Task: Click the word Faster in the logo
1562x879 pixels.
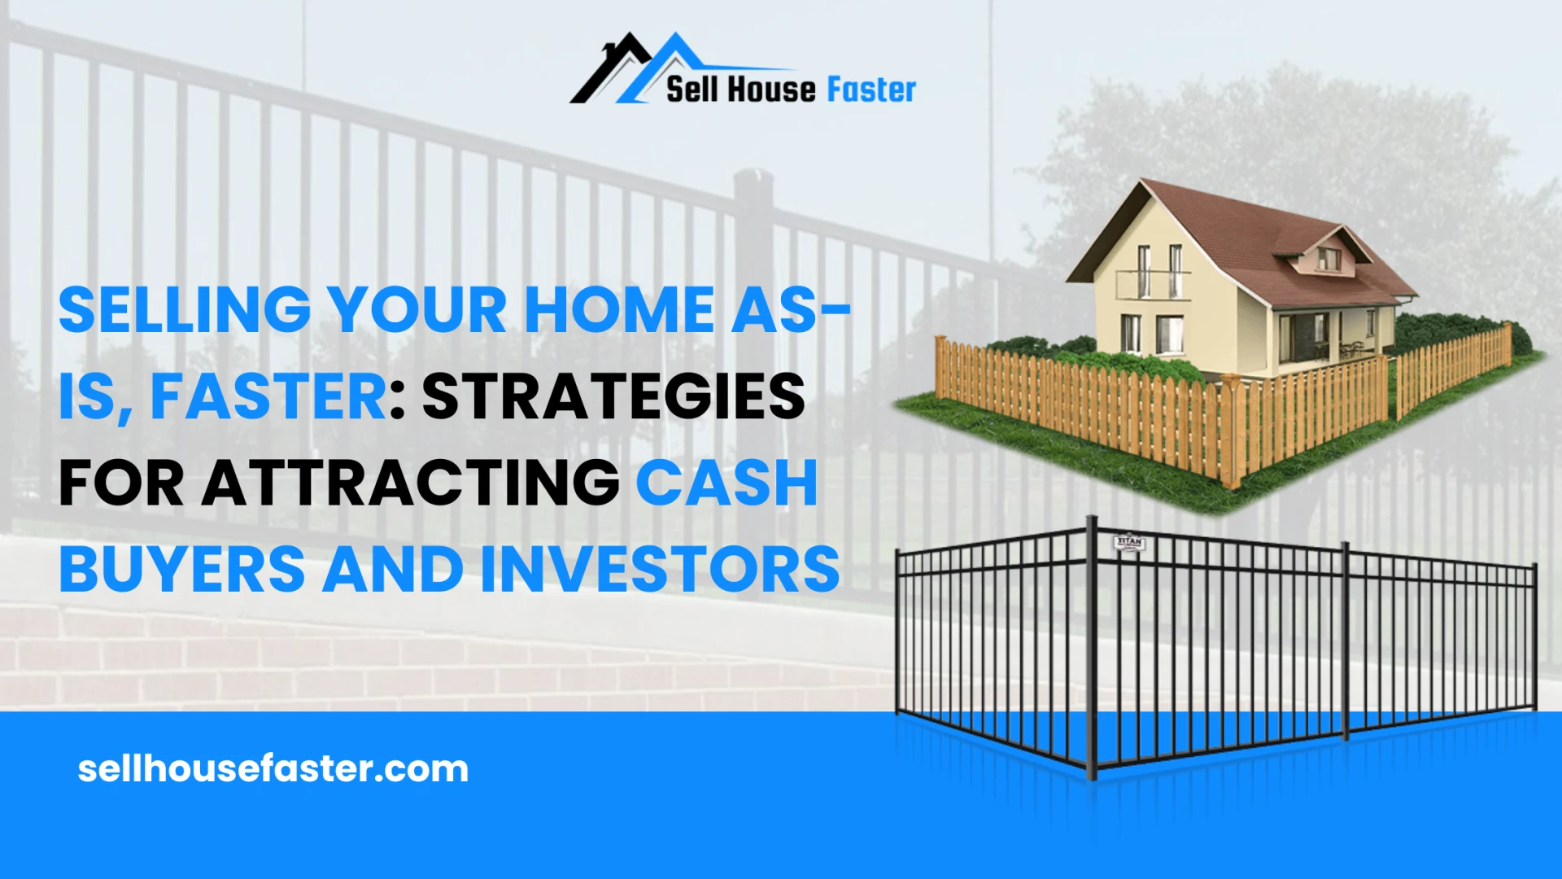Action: tap(871, 90)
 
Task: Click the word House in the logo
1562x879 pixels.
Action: tap(770, 90)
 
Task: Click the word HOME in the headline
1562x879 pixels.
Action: tap(619, 310)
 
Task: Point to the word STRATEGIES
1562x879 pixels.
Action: tap(613, 397)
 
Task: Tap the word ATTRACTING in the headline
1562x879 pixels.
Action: tap(411, 483)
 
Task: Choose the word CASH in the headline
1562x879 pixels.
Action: tap(726, 483)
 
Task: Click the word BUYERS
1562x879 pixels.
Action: tap(182, 570)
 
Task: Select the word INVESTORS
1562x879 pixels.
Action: tap(660, 570)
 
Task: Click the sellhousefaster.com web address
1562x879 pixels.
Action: tap(273, 769)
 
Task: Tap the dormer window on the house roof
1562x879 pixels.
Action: tap(1328, 259)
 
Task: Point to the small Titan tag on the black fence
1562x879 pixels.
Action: tap(1128, 543)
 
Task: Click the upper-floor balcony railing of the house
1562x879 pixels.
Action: tap(1154, 284)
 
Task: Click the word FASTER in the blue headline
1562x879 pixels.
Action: tap(269, 397)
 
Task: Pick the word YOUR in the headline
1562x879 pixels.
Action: tap(417, 310)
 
